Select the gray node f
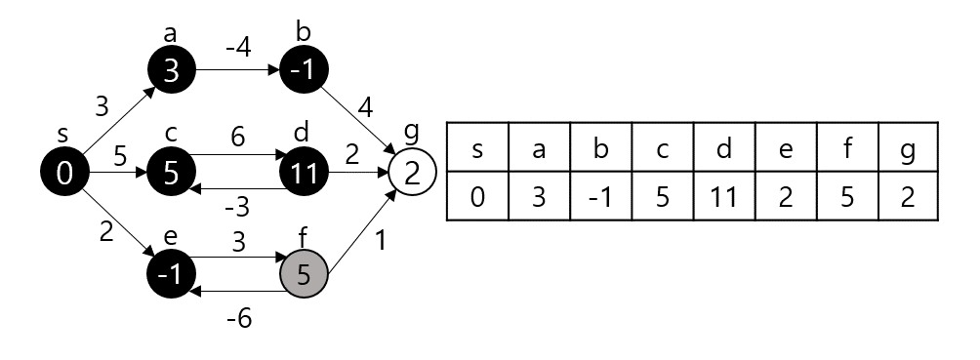(304, 275)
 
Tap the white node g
(412, 175)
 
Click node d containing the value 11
(304, 175)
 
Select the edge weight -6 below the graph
(237, 318)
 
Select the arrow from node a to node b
(237, 71)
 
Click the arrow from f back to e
(237, 291)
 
